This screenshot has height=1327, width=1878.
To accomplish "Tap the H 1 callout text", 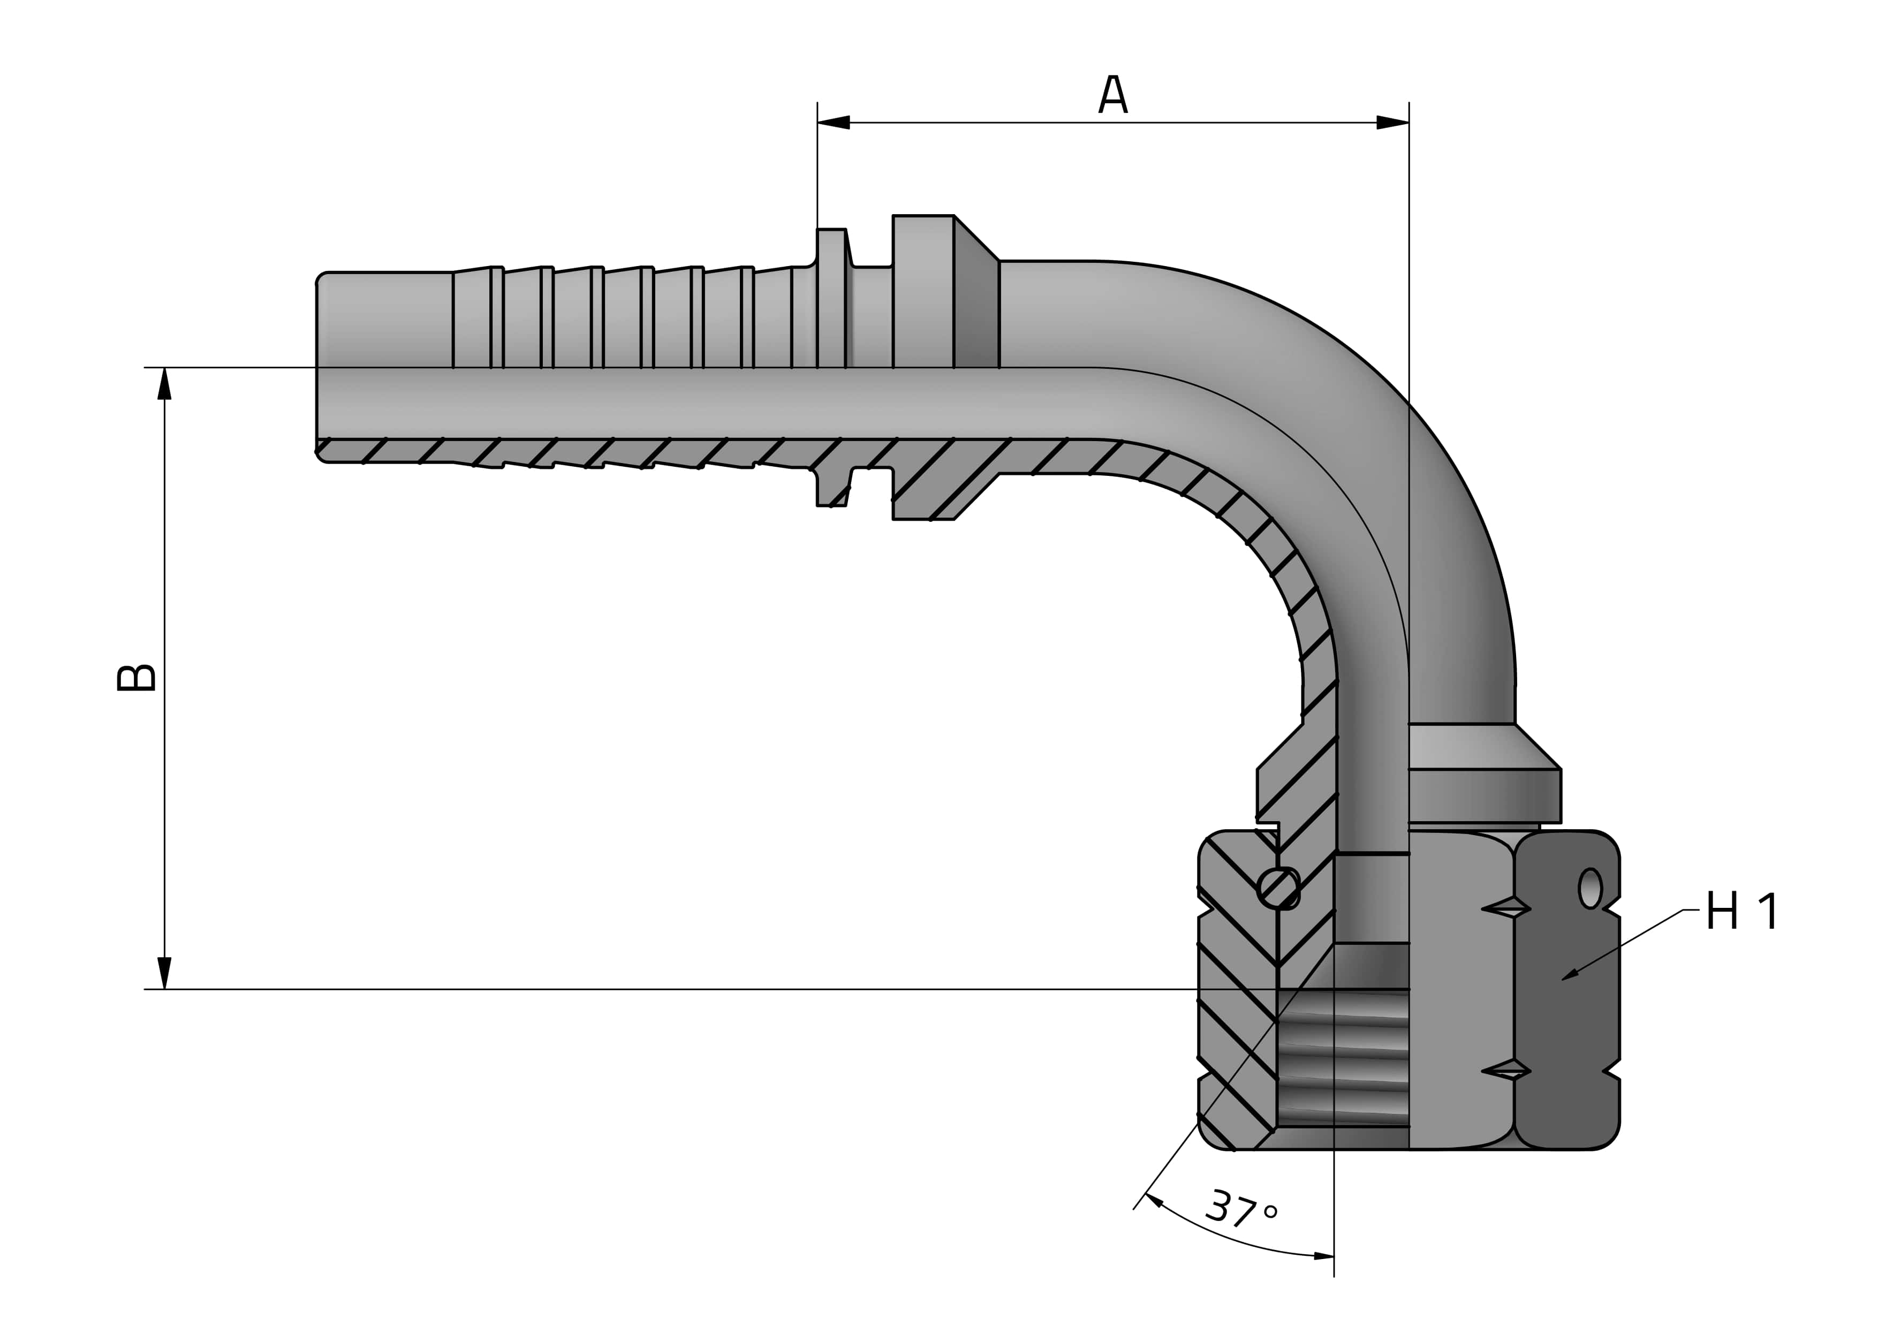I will [1741, 912].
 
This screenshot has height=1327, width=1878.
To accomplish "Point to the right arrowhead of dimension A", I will [1392, 123].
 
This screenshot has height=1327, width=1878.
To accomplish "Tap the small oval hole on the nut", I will [1589, 888].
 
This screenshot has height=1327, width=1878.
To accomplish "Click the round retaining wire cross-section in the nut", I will [1278, 887].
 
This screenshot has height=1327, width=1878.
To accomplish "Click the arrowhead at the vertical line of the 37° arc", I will [1323, 1256].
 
